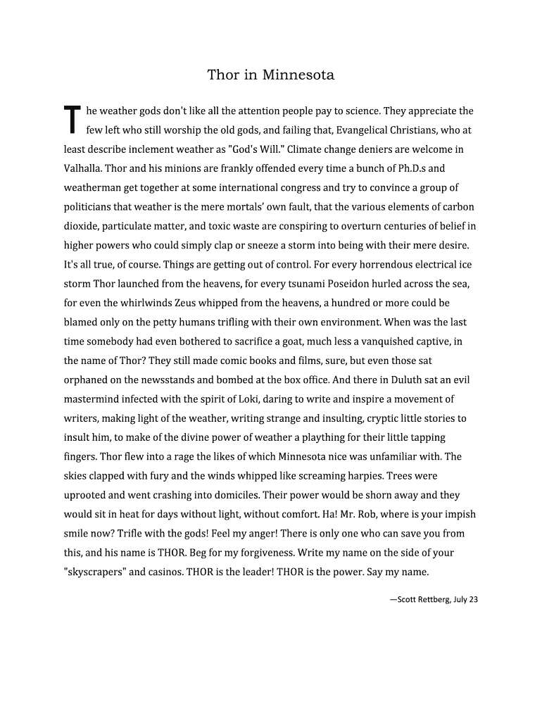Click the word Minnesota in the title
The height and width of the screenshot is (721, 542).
pos(298,75)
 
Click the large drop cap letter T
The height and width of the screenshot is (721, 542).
pos(71,120)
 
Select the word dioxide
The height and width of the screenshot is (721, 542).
pos(82,227)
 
